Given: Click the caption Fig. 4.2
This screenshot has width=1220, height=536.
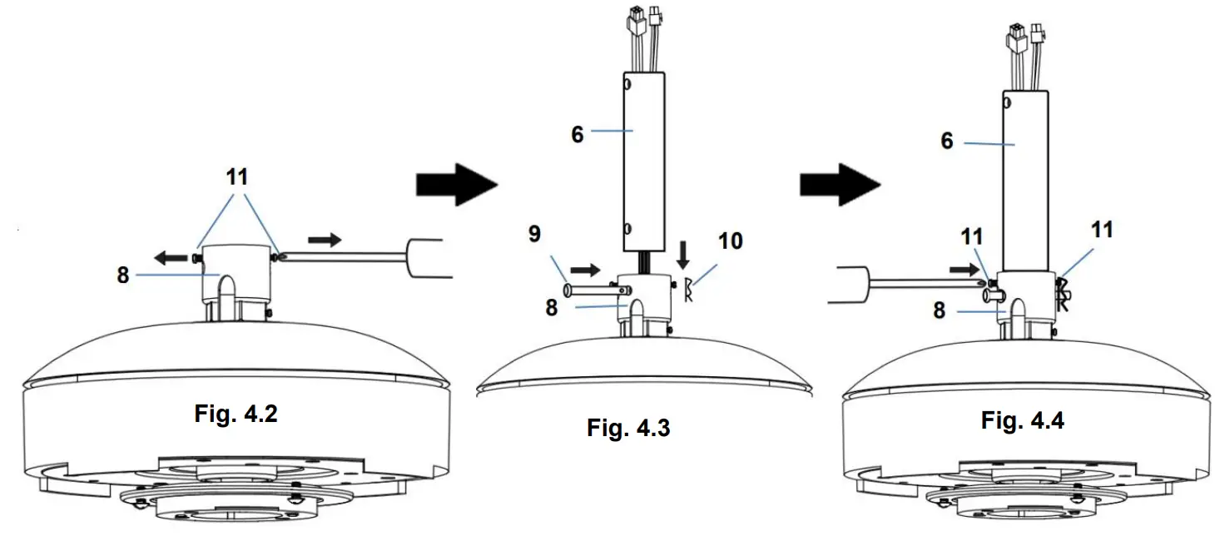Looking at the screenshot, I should tap(236, 414).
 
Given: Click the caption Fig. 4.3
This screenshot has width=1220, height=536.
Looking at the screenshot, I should tap(628, 429).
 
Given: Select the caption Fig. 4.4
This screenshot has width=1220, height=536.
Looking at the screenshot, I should tap(1022, 420).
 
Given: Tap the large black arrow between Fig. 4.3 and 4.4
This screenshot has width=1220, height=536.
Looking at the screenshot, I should tap(840, 184).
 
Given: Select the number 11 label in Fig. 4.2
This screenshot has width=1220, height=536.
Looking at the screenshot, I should tap(237, 177).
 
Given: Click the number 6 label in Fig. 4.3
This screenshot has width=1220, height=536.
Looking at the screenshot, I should tap(578, 134).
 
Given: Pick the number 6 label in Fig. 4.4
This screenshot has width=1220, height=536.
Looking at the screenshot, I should tap(947, 141).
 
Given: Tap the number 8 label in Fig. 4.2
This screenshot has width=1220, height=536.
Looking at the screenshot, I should tap(123, 275).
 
